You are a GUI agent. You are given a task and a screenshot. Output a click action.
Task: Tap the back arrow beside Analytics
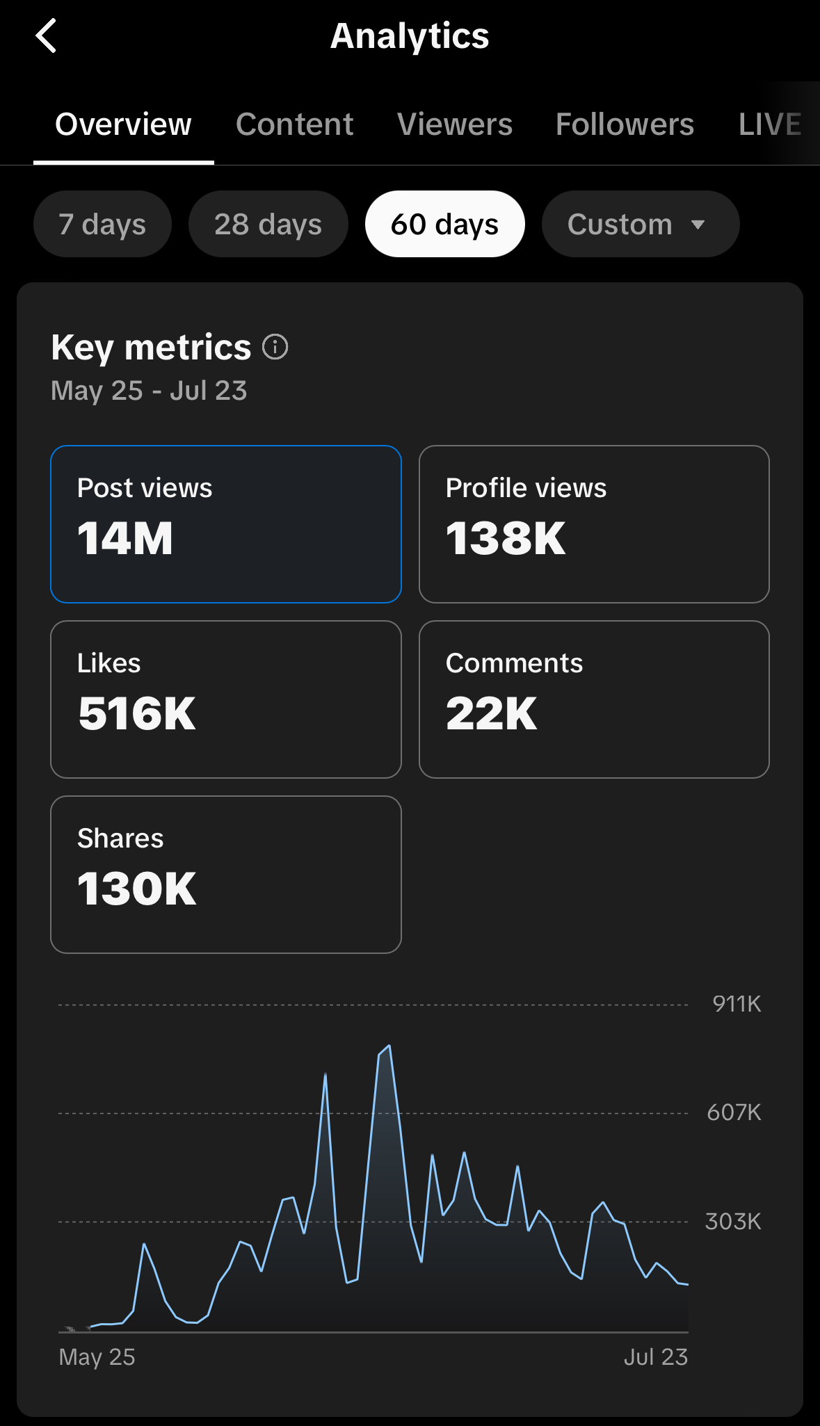pyautogui.click(x=46, y=36)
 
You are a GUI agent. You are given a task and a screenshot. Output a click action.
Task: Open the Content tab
pyautogui.click(x=294, y=124)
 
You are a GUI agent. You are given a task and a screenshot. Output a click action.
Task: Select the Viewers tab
pyautogui.click(x=455, y=124)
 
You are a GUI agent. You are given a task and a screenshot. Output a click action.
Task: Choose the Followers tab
pyautogui.click(x=625, y=124)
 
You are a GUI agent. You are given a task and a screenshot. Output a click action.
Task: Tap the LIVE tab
pyautogui.click(x=770, y=124)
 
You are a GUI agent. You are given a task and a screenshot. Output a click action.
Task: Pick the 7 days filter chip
pyautogui.click(x=102, y=224)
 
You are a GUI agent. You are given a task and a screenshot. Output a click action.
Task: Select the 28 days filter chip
pyautogui.click(x=268, y=224)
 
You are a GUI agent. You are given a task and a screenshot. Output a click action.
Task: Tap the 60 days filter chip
pyautogui.click(x=444, y=224)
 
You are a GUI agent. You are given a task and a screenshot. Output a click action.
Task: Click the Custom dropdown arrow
pyautogui.click(x=698, y=225)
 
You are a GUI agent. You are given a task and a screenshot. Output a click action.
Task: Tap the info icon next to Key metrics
pyautogui.click(x=275, y=347)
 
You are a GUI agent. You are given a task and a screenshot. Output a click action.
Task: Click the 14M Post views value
pyautogui.click(x=125, y=539)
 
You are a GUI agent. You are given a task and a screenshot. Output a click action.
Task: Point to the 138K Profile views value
pyautogui.click(x=506, y=539)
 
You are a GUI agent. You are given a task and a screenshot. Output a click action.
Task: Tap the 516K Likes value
pyautogui.click(x=137, y=714)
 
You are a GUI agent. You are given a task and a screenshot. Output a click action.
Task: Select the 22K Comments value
pyautogui.click(x=491, y=714)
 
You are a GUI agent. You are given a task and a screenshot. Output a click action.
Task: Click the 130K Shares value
pyautogui.click(x=137, y=889)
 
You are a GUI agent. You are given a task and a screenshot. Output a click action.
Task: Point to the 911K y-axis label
pyautogui.click(x=737, y=1004)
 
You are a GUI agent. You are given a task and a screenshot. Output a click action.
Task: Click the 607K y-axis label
pyautogui.click(x=734, y=1112)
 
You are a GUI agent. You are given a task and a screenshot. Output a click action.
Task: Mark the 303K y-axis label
pyautogui.click(x=733, y=1222)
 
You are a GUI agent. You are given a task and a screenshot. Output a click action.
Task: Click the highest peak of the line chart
pyautogui.click(x=389, y=1046)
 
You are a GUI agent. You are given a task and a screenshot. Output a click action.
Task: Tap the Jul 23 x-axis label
pyautogui.click(x=655, y=1356)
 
